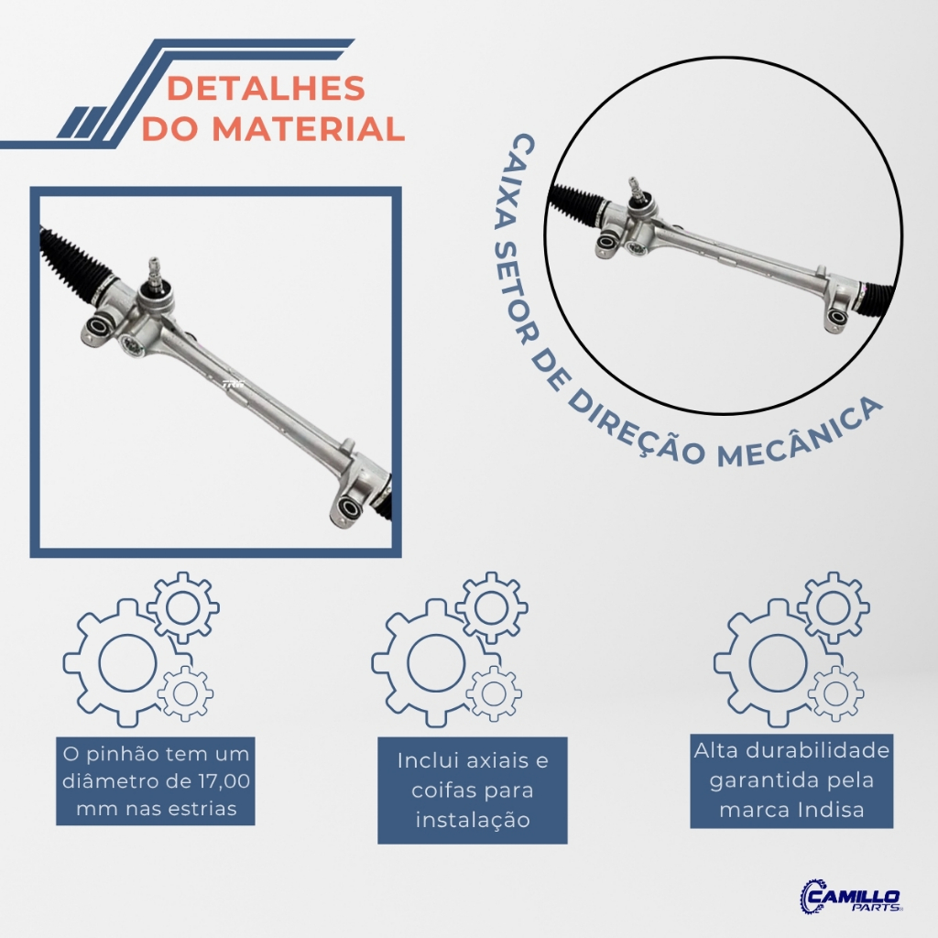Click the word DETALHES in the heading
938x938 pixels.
[266, 88]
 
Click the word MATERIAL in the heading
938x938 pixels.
[308, 128]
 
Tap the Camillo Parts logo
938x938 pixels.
[851, 896]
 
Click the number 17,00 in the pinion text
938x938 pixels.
[223, 781]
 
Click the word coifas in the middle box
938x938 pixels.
[441, 790]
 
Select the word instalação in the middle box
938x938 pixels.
[473, 820]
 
